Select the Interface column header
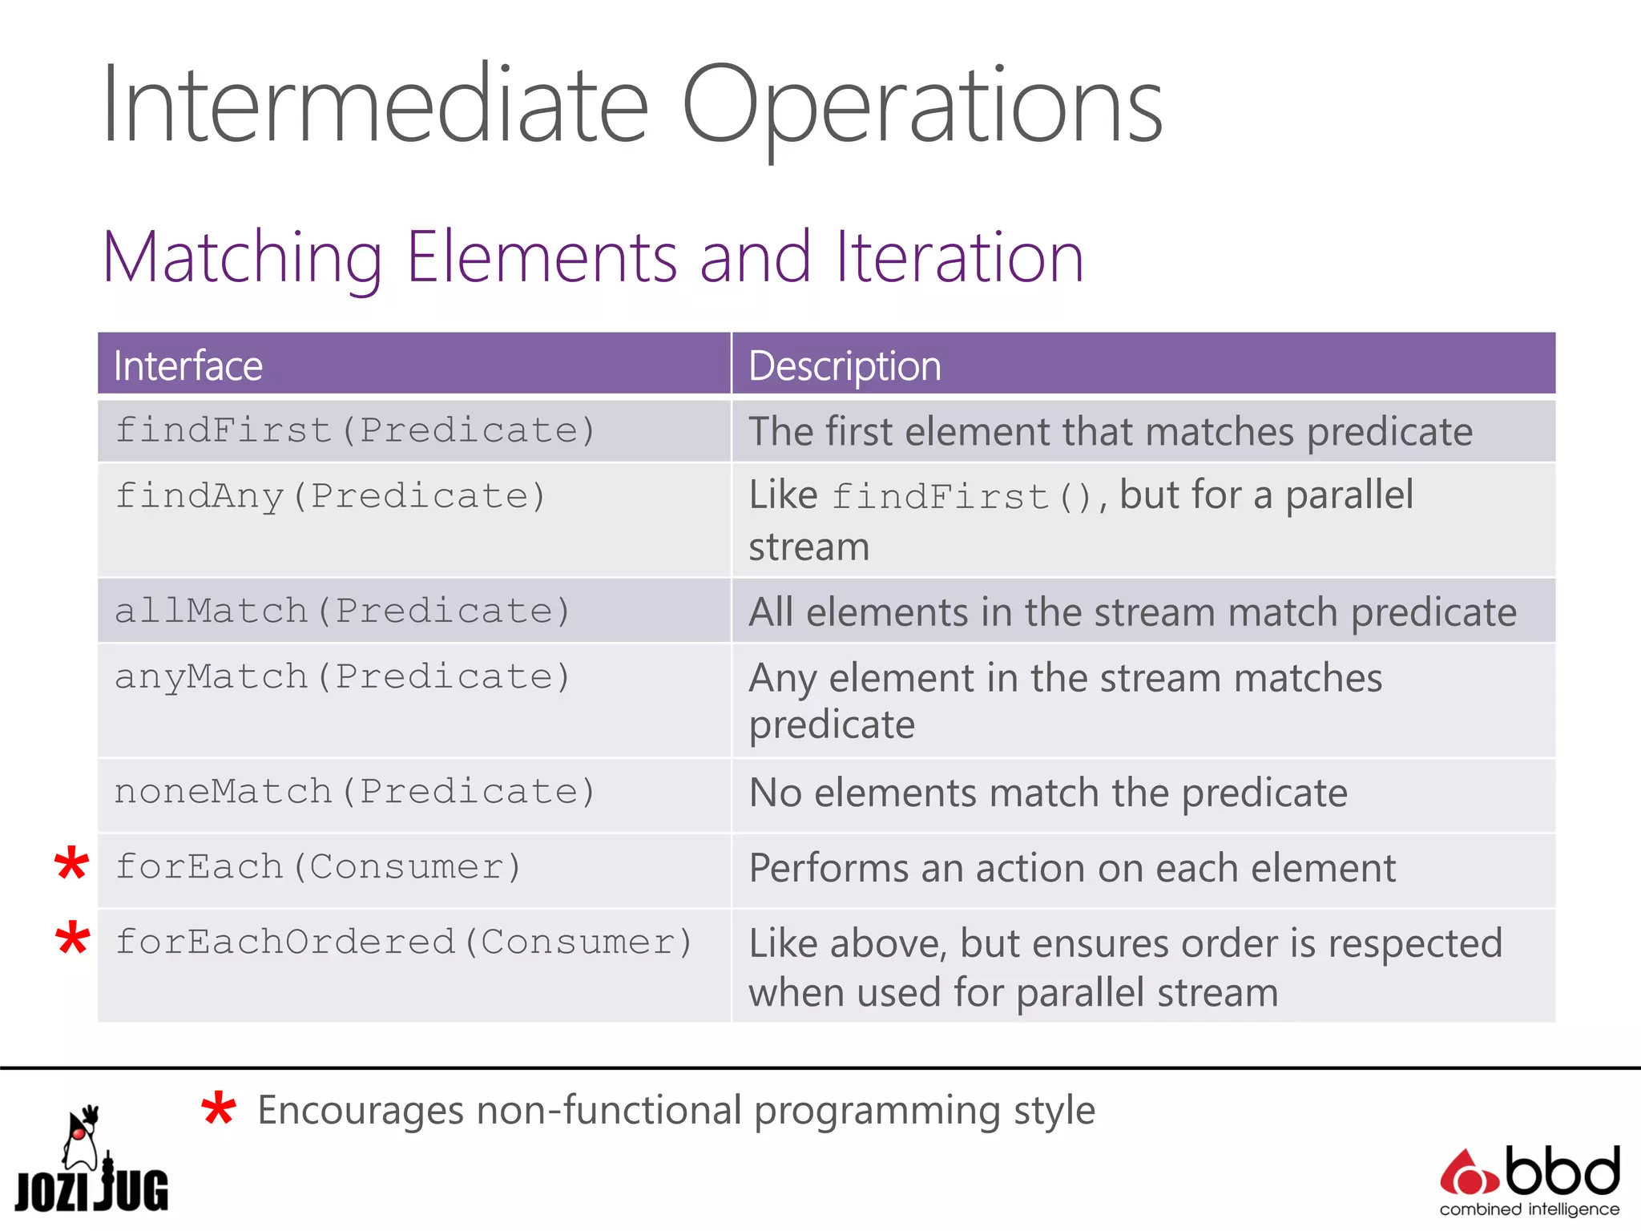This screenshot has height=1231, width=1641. click(188, 366)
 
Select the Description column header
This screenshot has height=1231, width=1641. click(845, 366)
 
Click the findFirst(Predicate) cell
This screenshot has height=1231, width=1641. click(355, 431)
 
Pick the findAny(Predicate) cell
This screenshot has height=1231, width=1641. click(330, 496)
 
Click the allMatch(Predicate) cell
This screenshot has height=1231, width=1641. click(342, 611)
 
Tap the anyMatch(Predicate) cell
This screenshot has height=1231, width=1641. click(342, 677)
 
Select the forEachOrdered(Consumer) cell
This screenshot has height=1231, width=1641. click(404, 942)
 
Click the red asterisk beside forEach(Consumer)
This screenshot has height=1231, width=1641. click(71, 865)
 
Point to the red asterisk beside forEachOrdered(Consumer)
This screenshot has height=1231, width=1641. click(72, 938)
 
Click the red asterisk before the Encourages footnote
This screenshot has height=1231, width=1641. click(218, 1111)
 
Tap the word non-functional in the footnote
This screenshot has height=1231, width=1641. click(609, 1111)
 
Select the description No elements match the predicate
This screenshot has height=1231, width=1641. click(1047, 793)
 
